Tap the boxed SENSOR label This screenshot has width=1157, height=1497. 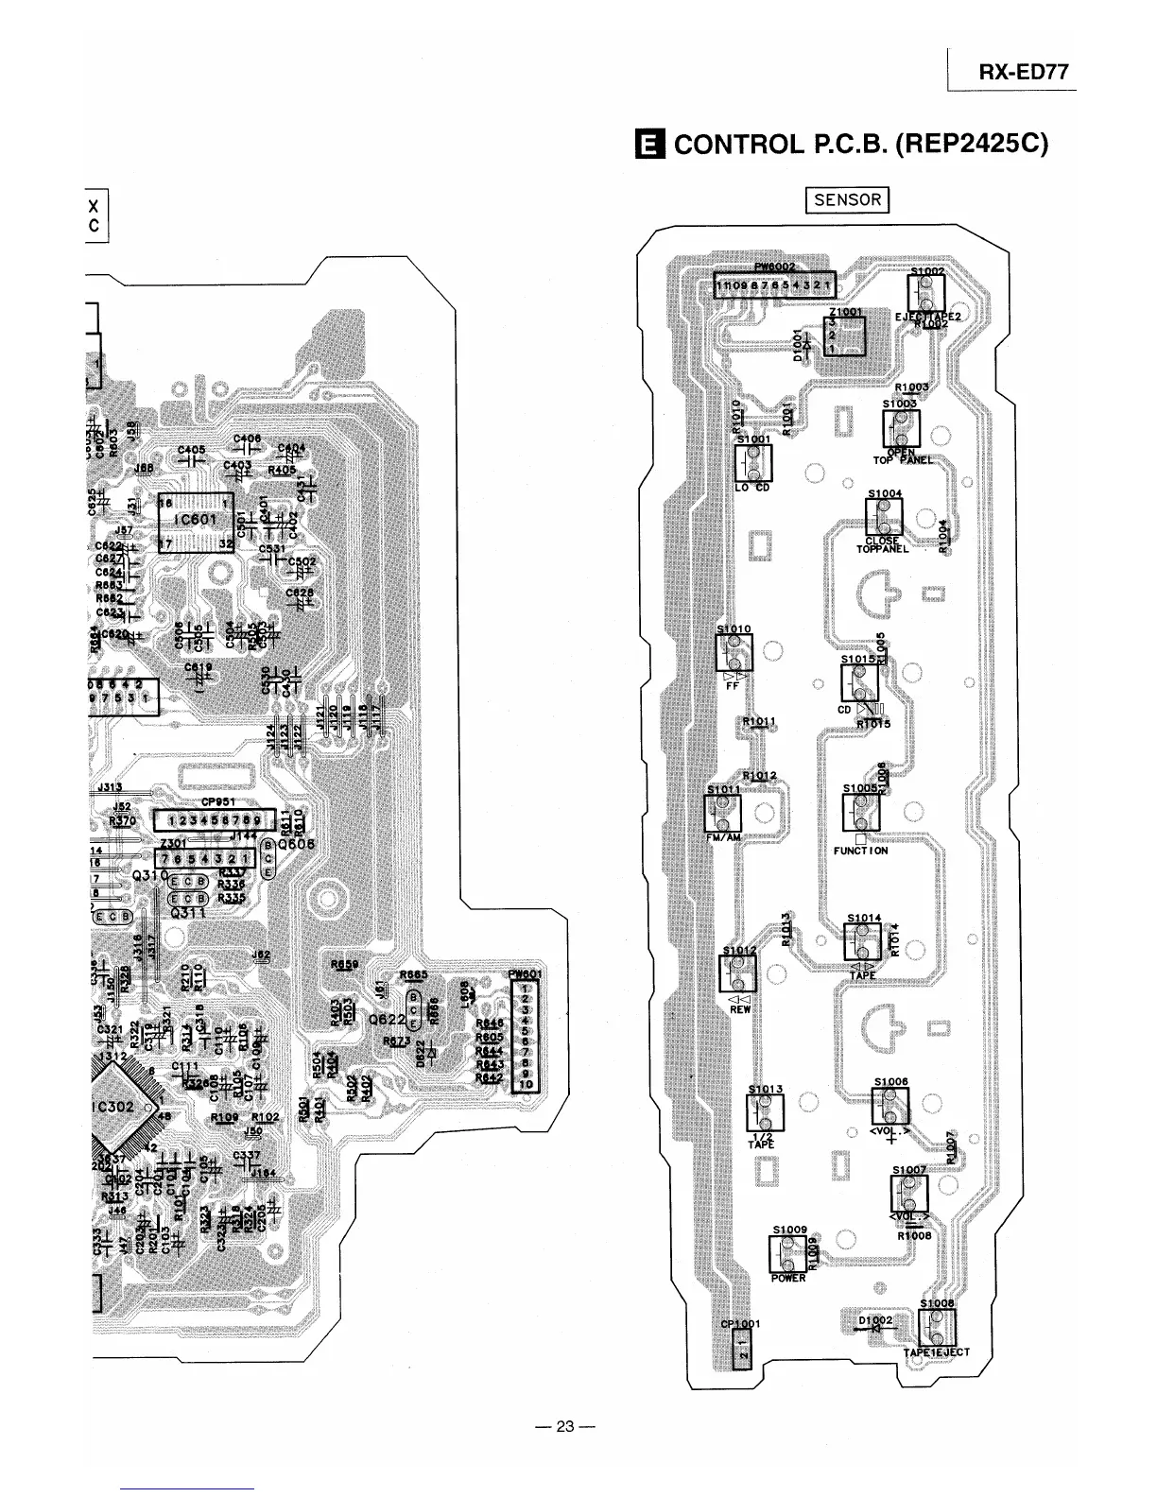tap(847, 199)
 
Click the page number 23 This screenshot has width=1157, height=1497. tap(564, 1426)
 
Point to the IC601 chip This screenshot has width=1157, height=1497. tap(197, 521)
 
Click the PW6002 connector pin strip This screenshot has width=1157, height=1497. tap(773, 285)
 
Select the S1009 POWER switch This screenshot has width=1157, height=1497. tap(787, 1254)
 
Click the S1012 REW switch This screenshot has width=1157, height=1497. tap(738, 973)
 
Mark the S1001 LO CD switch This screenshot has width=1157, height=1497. tap(753, 463)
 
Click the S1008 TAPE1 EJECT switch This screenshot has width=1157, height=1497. tap(936, 1327)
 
